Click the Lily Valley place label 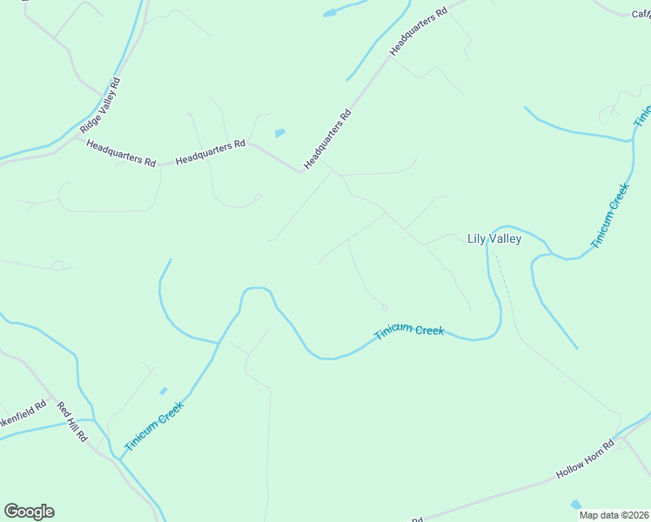pyautogui.click(x=493, y=239)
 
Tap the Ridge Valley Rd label pyautogui.click(x=100, y=105)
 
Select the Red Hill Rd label pyautogui.click(x=73, y=422)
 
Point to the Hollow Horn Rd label pyautogui.click(x=585, y=458)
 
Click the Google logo pyautogui.click(x=29, y=512)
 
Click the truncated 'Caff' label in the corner pyautogui.click(x=641, y=13)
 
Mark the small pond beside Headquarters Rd pyautogui.click(x=279, y=133)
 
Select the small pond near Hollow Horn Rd pyautogui.click(x=575, y=505)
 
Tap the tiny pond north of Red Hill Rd pyautogui.click(x=163, y=391)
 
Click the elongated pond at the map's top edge pyautogui.click(x=332, y=13)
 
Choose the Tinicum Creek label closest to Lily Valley pyautogui.click(x=609, y=216)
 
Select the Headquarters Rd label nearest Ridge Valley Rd pyautogui.click(x=121, y=151)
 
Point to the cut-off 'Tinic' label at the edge pyautogui.click(x=642, y=117)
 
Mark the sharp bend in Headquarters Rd pyautogui.click(x=299, y=171)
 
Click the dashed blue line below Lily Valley pyautogui.click(x=502, y=276)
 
